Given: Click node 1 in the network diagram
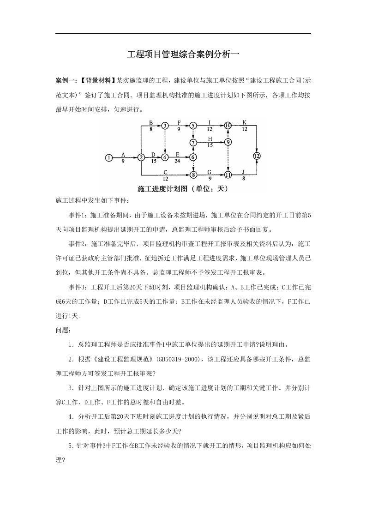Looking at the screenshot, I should tap(108, 157).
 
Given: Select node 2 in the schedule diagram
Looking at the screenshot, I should tap(141, 157).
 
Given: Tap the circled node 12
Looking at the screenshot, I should tap(257, 156).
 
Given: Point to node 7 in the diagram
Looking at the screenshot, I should tap(193, 142).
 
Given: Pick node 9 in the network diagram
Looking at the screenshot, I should tap(228, 142).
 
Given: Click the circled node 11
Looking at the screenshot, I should tap(228, 175).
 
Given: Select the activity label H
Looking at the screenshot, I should tap(210, 139).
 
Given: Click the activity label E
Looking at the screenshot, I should tap(177, 154).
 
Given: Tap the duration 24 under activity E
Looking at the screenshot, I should tap(177, 161).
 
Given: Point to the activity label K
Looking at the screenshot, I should tap(244, 122).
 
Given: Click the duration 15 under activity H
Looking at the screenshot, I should tap(210, 145).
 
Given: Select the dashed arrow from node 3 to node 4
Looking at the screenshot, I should tap(165, 141).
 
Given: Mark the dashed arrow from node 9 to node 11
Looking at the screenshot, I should tap(228, 158).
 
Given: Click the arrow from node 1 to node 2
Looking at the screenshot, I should tap(125, 157).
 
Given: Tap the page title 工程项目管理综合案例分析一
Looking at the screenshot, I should tap(183, 54).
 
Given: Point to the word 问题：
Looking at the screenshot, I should tap(62, 330).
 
